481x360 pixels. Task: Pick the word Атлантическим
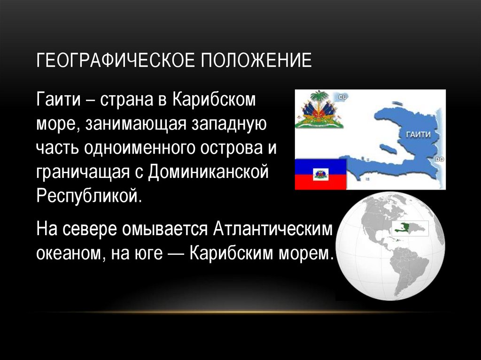click(272, 230)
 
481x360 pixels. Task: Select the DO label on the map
click(440, 160)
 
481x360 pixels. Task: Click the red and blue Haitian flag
click(320, 174)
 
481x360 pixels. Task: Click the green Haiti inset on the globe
click(407, 228)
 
